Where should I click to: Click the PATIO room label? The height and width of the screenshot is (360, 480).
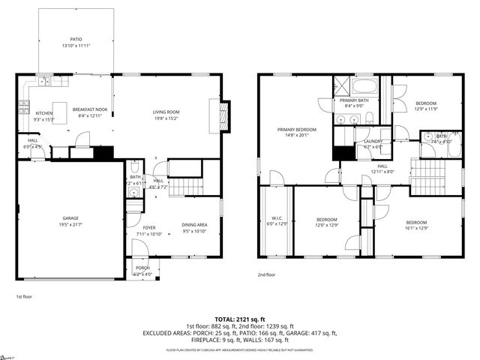[76, 40]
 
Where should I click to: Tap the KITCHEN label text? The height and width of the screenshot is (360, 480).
[44, 113]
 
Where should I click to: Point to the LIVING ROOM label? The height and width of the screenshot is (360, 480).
[166, 112]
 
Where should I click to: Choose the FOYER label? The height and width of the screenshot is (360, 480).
[149, 227]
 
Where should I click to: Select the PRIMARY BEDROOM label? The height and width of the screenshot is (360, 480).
[297, 130]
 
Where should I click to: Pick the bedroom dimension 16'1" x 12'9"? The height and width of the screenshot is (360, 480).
[416, 227]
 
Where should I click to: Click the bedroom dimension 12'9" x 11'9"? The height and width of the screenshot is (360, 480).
[426, 109]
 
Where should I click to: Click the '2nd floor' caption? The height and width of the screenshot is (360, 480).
[266, 274]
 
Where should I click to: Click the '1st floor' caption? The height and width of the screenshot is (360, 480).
[24, 297]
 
